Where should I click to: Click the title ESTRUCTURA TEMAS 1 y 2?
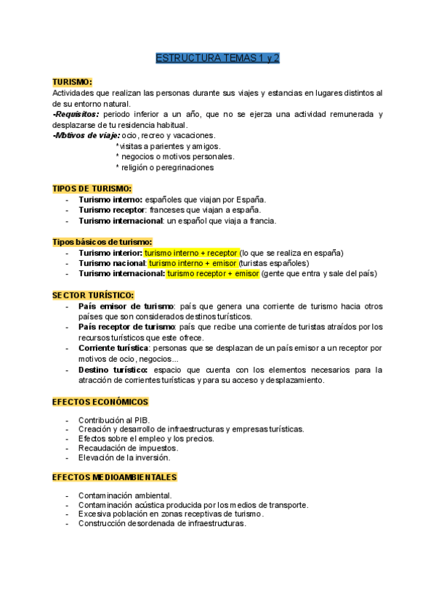click(218, 59)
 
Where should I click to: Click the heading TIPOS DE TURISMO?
click(92, 188)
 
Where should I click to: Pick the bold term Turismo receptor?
click(111, 210)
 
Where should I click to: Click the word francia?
click(262, 221)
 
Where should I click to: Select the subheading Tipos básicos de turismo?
click(102, 242)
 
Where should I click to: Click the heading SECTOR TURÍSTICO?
click(93, 295)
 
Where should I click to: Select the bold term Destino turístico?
click(113, 369)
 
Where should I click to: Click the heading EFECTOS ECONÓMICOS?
click(100, 402)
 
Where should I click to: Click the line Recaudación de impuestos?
click(128, 448)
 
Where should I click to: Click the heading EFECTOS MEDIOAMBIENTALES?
click(115, 477)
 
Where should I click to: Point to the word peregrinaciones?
click(180, 167)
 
